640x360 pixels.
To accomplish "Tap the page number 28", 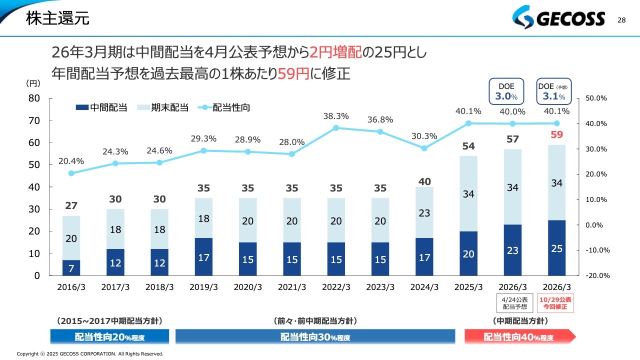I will coord(621,20).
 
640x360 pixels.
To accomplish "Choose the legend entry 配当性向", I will coord(225,107).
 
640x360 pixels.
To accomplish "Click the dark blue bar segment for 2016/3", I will coord(71,268).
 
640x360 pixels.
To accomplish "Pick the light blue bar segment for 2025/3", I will coord(468,193).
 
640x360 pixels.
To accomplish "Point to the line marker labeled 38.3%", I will coord(336,128).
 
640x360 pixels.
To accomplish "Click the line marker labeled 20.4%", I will coord(71,173).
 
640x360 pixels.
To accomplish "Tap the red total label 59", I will coord(556,134).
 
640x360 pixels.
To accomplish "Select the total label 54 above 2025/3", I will coord(468,146).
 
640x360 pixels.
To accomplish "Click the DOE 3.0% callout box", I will coord(506,91).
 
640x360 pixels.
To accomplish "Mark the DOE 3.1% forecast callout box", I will coord(554,91).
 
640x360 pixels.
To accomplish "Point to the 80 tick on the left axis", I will coord(34,98).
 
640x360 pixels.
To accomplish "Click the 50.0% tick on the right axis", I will coord(596,98).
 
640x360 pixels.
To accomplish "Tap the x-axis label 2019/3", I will coord(203,287).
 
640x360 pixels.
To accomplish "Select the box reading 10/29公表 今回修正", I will coord(556,303).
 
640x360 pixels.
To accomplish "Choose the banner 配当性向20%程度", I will coord(109,337).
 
